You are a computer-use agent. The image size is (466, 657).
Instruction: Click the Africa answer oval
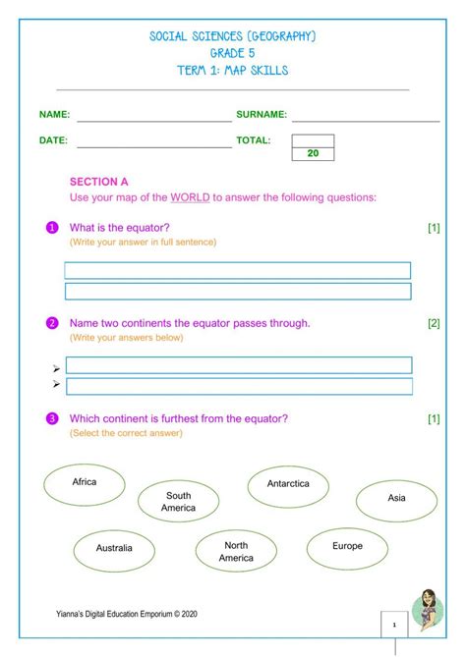point(85,484)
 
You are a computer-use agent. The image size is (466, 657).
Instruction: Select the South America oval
point(178,502)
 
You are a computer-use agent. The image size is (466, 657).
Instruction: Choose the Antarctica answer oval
point(288,484)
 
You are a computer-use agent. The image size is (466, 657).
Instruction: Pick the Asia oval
point(396,499)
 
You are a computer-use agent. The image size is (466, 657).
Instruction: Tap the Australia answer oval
point(113,548)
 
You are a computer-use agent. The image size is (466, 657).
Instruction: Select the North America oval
point(236,552)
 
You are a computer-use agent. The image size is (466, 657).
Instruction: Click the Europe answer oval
point(347,547)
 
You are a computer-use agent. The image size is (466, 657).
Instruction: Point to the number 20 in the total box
point(313,154)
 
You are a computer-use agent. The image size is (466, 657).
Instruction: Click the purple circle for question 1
point(52,228)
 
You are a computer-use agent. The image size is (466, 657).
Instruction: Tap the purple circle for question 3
point(52,419)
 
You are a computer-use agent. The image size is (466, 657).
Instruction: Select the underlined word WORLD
point(190,197)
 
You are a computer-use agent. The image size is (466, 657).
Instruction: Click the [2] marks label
point(434,323)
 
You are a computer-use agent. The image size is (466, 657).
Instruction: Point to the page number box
point(393,625)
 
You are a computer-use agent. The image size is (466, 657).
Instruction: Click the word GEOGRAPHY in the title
point(278,36)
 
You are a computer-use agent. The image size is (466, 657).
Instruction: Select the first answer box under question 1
point(237,270)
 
